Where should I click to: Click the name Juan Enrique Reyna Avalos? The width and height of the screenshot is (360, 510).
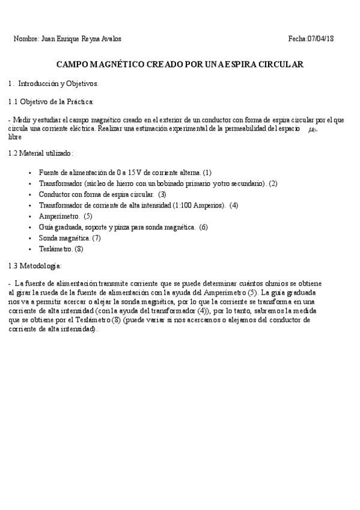click(81, 39)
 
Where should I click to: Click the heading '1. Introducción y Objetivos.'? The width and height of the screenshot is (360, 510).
click(53, 84)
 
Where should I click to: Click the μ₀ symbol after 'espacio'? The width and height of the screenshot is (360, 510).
click(312, 129)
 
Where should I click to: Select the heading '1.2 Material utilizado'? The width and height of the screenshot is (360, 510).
click(41, 153)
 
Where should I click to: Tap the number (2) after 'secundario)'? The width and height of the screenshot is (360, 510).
click(273, 183)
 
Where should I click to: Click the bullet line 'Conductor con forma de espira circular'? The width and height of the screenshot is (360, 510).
click(102, 194)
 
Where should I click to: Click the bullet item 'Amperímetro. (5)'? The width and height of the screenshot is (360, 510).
click(65, 216)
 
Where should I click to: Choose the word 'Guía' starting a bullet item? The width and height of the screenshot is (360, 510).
click(46, 227)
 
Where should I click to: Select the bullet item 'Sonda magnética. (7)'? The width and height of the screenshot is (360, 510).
click(69, 238)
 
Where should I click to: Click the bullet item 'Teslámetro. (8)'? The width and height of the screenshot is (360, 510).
click(61, 248)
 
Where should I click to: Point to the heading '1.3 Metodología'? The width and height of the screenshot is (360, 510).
click(35, 265)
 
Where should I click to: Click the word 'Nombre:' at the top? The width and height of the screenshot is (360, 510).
click(26, 39)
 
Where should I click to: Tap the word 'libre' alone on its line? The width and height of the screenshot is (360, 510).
click(15, 137)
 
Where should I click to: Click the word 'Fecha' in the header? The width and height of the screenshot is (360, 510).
click(297, 39)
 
